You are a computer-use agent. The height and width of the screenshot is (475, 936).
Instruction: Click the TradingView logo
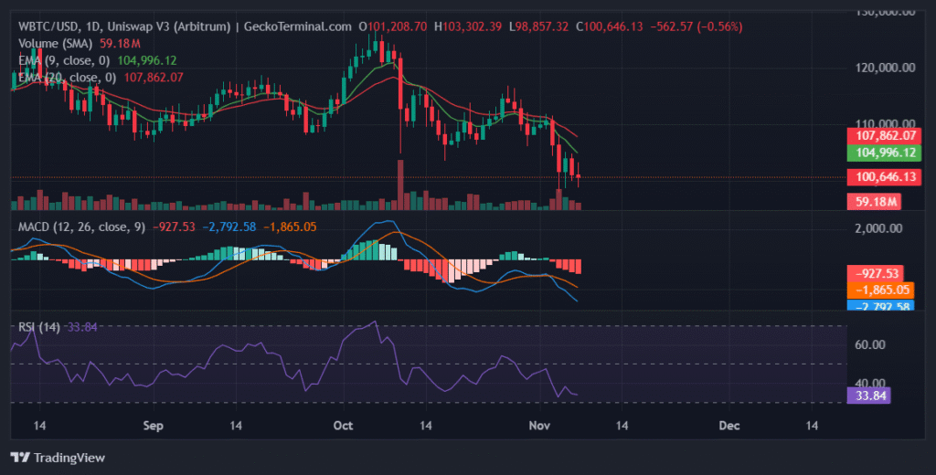tap(57, 457)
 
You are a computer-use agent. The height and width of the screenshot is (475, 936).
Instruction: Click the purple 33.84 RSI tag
tap(867, 396)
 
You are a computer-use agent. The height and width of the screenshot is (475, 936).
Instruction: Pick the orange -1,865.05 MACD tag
tap(877, 290)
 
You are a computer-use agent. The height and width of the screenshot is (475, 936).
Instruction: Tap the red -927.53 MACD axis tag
tap(877, 273)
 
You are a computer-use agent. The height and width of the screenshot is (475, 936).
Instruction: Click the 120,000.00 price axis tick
tap(881, 68)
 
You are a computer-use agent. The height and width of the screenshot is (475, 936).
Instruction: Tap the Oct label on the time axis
tap(344, 426)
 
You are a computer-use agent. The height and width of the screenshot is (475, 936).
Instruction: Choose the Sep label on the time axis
tap(154, 426)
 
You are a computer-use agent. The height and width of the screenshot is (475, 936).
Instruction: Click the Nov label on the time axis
tap(537, 426)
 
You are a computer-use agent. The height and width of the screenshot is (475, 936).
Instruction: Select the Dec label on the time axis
tap(729, 426)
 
